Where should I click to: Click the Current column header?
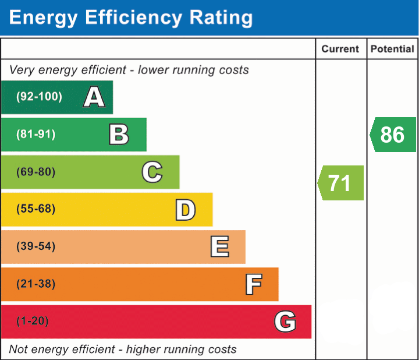click(x=340, y=49)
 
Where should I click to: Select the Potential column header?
click(x=392, y=49)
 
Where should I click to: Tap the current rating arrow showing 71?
click(x=340, y=183)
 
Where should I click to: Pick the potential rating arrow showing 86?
click(x=393, y=135)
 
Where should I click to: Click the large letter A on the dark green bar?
click(x=94, y=97)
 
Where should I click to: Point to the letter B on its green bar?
click(x=119, y=134)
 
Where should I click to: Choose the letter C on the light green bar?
click(x=152, y=172)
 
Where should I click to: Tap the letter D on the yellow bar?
click(x=186, y=210)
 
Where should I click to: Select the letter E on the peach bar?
click(x=219, y=246)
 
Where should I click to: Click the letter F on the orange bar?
click(x=254, y=284)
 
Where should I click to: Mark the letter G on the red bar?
click(x=285, y=321)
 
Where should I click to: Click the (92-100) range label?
click(x=40, y=96)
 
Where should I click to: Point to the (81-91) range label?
click(x=36, y=134)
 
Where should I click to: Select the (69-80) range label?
click(x=36, y=172)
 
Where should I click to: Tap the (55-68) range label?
click(x=36, y=209)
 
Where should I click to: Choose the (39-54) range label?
click(x=36, y=246)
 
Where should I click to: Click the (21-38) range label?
click(x=36, y=284)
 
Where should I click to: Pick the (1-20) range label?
click(x=33, y=321)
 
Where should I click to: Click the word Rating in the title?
click(x=221, y=17)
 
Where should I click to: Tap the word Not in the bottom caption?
click(x=18, y=350)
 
